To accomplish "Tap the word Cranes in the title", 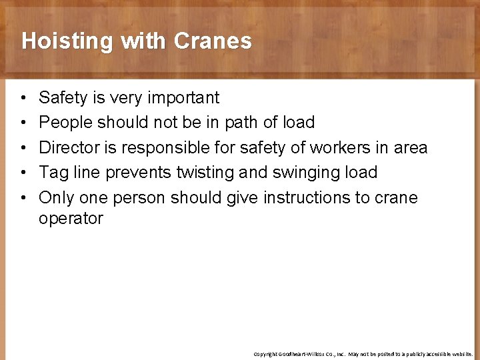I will tap(213, 41).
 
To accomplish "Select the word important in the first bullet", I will tap(183, 98).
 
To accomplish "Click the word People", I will tap(65, 123).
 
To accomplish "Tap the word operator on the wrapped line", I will tap(71, 219).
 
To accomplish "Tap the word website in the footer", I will tap(459, 354).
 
